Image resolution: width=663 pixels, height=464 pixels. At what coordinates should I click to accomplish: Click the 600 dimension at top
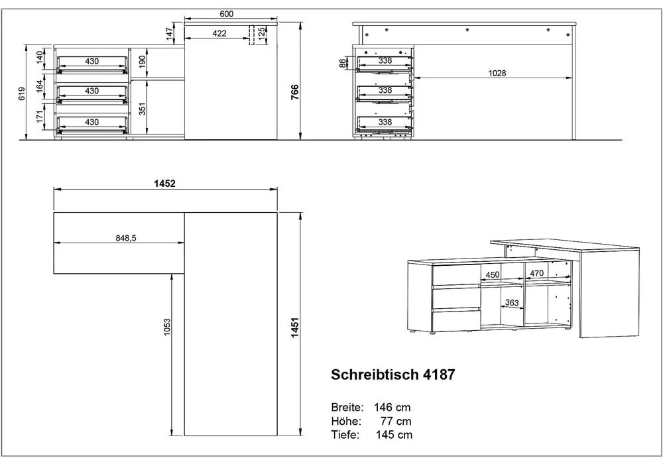[x=227, y=14]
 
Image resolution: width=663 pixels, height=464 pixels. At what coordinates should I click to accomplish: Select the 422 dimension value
[x=219, y=33]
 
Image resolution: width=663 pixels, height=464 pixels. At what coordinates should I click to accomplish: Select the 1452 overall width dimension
[x=164, y=184]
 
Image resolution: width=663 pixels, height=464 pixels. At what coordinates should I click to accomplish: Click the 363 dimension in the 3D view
[x=512, y=304]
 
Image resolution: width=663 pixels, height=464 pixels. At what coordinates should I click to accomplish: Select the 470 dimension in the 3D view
[x=536, y=272]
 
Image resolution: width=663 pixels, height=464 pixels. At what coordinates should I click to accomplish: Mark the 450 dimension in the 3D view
[x=493, y=274]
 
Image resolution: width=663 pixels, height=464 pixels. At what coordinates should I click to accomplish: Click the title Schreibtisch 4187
[x=392, y=375]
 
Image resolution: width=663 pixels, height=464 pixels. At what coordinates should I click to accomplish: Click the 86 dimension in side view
[x=342, y=64]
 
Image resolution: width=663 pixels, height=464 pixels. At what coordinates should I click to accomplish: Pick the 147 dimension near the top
[x=170, y=32]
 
